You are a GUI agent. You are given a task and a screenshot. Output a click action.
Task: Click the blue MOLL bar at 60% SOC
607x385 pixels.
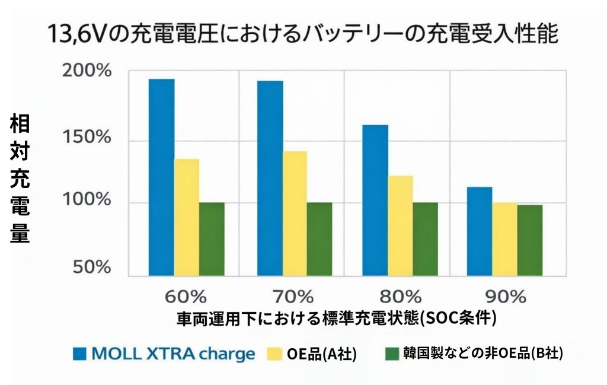pyautogui.click(x=161, y=177)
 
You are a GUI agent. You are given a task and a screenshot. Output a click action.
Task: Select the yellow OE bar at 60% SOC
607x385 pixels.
pyautogui.click(x=186, y=217)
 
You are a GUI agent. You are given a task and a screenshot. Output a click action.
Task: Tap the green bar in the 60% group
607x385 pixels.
pyautogui.click(x=212, y=239)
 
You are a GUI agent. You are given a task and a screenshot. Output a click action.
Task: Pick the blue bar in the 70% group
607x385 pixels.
pyautogui.click(x=270, y=178)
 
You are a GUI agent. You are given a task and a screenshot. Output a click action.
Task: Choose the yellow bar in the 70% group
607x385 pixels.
pyautogui.click(x=295, y=214)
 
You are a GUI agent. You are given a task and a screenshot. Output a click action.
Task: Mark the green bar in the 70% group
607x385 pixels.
pyautogui.click(x=320, y=239)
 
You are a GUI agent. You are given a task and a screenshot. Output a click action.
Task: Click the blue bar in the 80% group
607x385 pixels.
pyautogui.click(x=375, y=200)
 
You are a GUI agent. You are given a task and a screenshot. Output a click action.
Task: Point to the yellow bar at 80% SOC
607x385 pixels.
pyautogui.click(x=400, y=225)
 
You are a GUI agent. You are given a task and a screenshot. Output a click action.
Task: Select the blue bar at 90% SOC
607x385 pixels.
pyautogui.click(x=479, y=231)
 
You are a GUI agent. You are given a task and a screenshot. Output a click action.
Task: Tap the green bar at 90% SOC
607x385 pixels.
pyautogui.click(x=529, y=240)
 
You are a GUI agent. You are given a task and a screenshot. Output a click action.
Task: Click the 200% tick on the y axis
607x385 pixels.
pyautogui.click(x=87, y=72)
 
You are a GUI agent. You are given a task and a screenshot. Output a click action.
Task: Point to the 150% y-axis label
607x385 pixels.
pyautogui.click(x=87, y=138)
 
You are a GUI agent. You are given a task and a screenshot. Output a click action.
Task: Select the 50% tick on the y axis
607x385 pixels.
pyautogui.click(x=91, y=267)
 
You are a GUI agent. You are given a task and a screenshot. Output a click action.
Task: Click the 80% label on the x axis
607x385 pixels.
pyautogui.click(x=401, y=296)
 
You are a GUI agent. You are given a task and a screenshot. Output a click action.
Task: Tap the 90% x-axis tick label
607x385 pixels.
pyautogui.click(x=506, y=296)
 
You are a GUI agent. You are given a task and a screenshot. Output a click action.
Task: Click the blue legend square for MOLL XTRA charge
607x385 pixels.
pyautogui.click(x=80, y=354)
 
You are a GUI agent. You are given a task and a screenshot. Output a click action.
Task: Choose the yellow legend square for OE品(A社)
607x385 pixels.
pyautogui.click(x=275, y=354)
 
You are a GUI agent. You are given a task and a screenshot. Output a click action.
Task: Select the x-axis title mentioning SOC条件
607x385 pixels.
pyautogui.click(x=336, y=318)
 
